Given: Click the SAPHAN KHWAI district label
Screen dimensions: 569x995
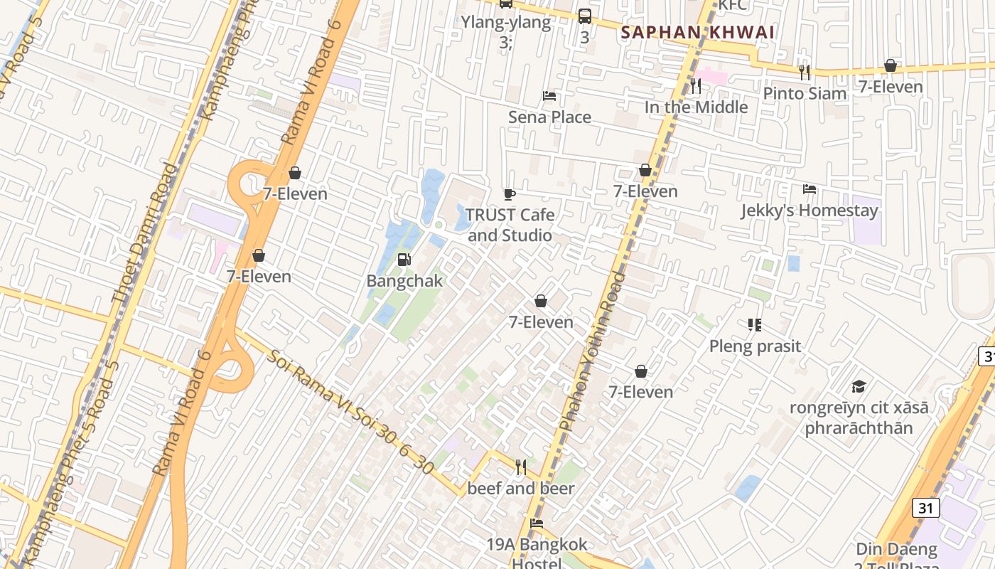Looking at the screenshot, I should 697,33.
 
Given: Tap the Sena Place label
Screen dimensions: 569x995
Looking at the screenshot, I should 549,117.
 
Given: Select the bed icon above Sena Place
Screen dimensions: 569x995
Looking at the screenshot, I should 549,96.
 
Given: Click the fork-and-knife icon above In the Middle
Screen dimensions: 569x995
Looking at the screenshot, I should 696,86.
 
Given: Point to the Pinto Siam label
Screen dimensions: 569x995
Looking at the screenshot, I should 805,93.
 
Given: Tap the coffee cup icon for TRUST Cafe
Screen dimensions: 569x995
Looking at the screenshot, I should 509,194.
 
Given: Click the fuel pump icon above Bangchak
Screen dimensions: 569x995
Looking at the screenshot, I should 404,260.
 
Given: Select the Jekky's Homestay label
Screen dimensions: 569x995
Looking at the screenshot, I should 809,211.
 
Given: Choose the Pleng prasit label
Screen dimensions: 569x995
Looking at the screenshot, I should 755,346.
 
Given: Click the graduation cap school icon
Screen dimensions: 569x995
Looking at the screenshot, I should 859,387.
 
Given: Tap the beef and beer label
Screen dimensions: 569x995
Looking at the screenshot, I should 520,489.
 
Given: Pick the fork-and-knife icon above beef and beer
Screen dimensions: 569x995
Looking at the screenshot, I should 521,467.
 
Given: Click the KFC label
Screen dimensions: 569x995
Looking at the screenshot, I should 733,6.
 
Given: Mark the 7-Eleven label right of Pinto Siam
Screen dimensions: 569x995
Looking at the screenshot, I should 890,87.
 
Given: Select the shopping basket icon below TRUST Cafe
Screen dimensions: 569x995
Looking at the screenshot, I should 541,301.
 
